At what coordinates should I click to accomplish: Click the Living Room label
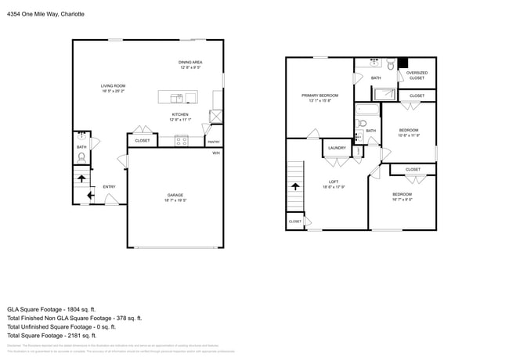click(x=113, y=86)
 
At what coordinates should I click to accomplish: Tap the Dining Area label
click(x=190, y=62)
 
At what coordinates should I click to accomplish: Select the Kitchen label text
click(x=180, y=114)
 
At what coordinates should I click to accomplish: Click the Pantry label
click(x=213, y=142)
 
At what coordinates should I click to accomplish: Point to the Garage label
click(x=175, y=195)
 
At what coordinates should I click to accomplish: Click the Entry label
click(x=109, y=186)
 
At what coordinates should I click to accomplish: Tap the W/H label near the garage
click(x=215, y=153)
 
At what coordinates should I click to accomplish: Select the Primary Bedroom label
click(x=319, y=95)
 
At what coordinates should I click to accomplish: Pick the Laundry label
click(x=338, y=147)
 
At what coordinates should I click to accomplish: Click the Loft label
click(x=333, y=182)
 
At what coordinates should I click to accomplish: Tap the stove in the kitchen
click(x=182, y=141)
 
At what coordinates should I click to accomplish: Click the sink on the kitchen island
click(x=180, y=97)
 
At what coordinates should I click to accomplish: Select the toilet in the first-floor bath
click(x=81, y=157)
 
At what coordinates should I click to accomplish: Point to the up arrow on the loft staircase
click(x=295, y=186)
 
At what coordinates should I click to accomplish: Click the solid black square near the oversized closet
click(x=403, y=63)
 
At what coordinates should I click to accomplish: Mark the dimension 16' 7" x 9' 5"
click(x=402, y=199)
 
